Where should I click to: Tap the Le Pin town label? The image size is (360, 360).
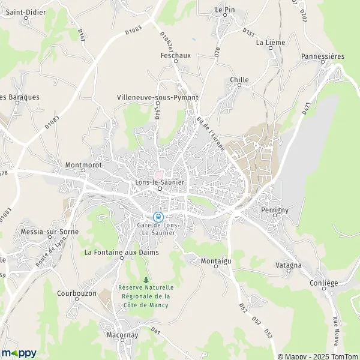(x=225, y=10)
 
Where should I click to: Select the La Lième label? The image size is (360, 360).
(x=271, y=43)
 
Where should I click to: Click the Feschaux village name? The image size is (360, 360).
(x=175, y=55)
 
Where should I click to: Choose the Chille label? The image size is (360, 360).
(x=239, y=79)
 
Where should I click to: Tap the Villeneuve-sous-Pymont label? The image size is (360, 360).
(x=157, y=97)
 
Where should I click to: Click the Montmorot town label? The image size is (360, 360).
(x=83, y=163)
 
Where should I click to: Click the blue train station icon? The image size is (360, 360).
(x=158, y=217)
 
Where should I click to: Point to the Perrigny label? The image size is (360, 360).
(x=275, y=211)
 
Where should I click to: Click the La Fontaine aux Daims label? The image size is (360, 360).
(x=121, y=252)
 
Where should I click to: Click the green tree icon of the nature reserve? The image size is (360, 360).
(x=146, y=279)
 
